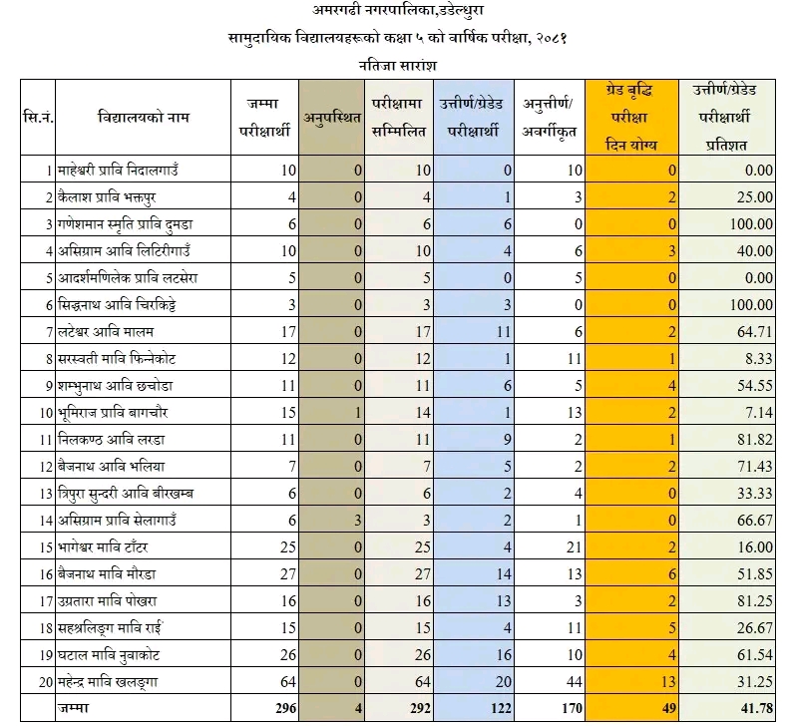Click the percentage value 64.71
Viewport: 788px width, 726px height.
(x=753, y=328)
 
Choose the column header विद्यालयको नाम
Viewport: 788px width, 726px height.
(x=145, y=119)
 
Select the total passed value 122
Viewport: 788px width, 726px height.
(x=497, y=709)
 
